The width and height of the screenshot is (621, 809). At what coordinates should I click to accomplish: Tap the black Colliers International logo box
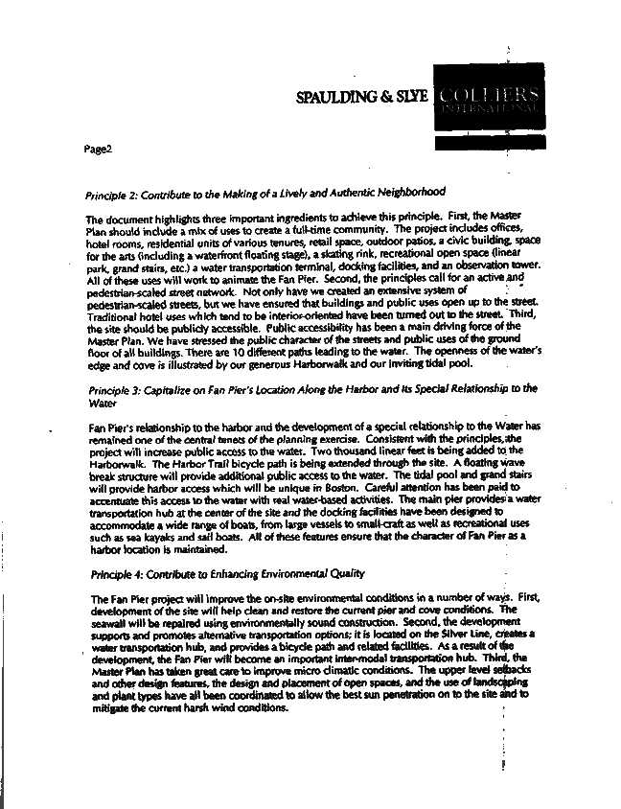[488, 101]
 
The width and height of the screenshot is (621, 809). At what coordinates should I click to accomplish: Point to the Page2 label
[99, 150]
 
